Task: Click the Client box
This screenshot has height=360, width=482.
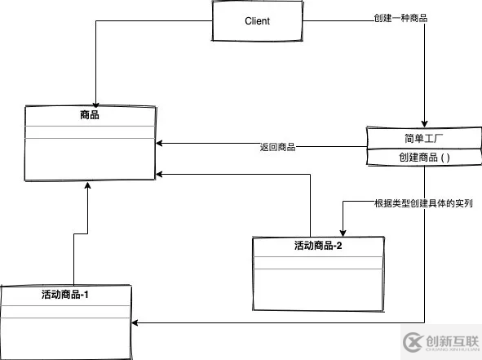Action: click(257, 20)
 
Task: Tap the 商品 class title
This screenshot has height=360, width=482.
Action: click(90, 116)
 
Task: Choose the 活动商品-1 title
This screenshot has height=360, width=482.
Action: click(64, 295)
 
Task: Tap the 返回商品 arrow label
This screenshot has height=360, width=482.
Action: click(277, 148)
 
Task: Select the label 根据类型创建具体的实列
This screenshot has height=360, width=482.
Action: click(423, 203)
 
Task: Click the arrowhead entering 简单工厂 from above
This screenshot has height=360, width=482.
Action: click(424, 122)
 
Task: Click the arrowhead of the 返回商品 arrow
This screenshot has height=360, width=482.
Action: click(159, 147)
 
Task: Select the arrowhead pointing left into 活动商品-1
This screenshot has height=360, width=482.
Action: click(136, 323)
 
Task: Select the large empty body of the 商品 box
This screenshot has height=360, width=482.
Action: click(90, 159)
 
